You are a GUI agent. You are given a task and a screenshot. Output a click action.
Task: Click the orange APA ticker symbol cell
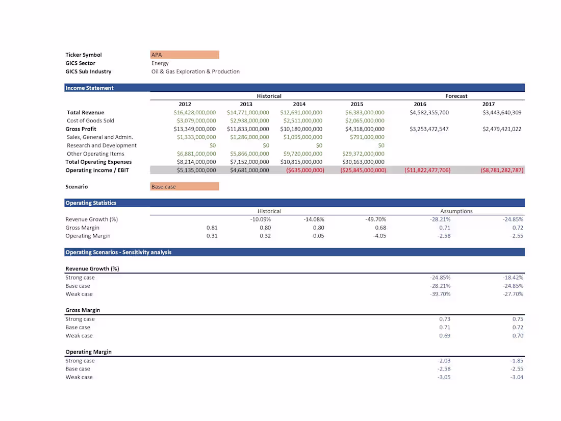point(185,55)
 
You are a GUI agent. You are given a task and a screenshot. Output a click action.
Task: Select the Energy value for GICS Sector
point(160,63)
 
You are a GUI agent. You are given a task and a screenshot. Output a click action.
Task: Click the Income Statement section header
point(90,88)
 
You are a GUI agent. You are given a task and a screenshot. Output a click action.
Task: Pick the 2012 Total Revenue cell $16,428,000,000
point(195,112)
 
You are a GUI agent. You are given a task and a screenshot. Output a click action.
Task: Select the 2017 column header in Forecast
point(488,104)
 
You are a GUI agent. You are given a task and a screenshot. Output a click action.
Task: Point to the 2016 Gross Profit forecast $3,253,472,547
point(429,129)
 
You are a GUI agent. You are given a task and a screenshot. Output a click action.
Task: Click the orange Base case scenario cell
point(185,187)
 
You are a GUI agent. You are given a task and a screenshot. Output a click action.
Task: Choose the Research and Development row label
point(101,145)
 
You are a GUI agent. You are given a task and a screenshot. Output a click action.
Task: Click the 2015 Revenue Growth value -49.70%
point(376,219)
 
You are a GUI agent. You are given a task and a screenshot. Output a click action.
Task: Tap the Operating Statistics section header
point(91,203)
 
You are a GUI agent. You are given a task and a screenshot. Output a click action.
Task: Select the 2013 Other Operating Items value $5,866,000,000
point(248,154)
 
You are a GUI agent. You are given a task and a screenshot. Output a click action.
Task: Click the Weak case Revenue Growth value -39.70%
point(440,294)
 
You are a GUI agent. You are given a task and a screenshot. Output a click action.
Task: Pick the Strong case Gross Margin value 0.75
point(517,319)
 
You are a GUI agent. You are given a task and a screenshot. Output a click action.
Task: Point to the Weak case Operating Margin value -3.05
point(443,377)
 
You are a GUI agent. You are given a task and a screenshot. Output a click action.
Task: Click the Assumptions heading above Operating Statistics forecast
point(456,211)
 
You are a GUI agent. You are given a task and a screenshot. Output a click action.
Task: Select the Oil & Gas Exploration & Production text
point(195,71)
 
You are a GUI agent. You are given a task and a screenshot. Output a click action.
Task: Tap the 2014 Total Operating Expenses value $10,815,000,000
point(301,162)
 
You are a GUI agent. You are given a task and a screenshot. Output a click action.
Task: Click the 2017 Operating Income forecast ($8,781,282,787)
point(502,170)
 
